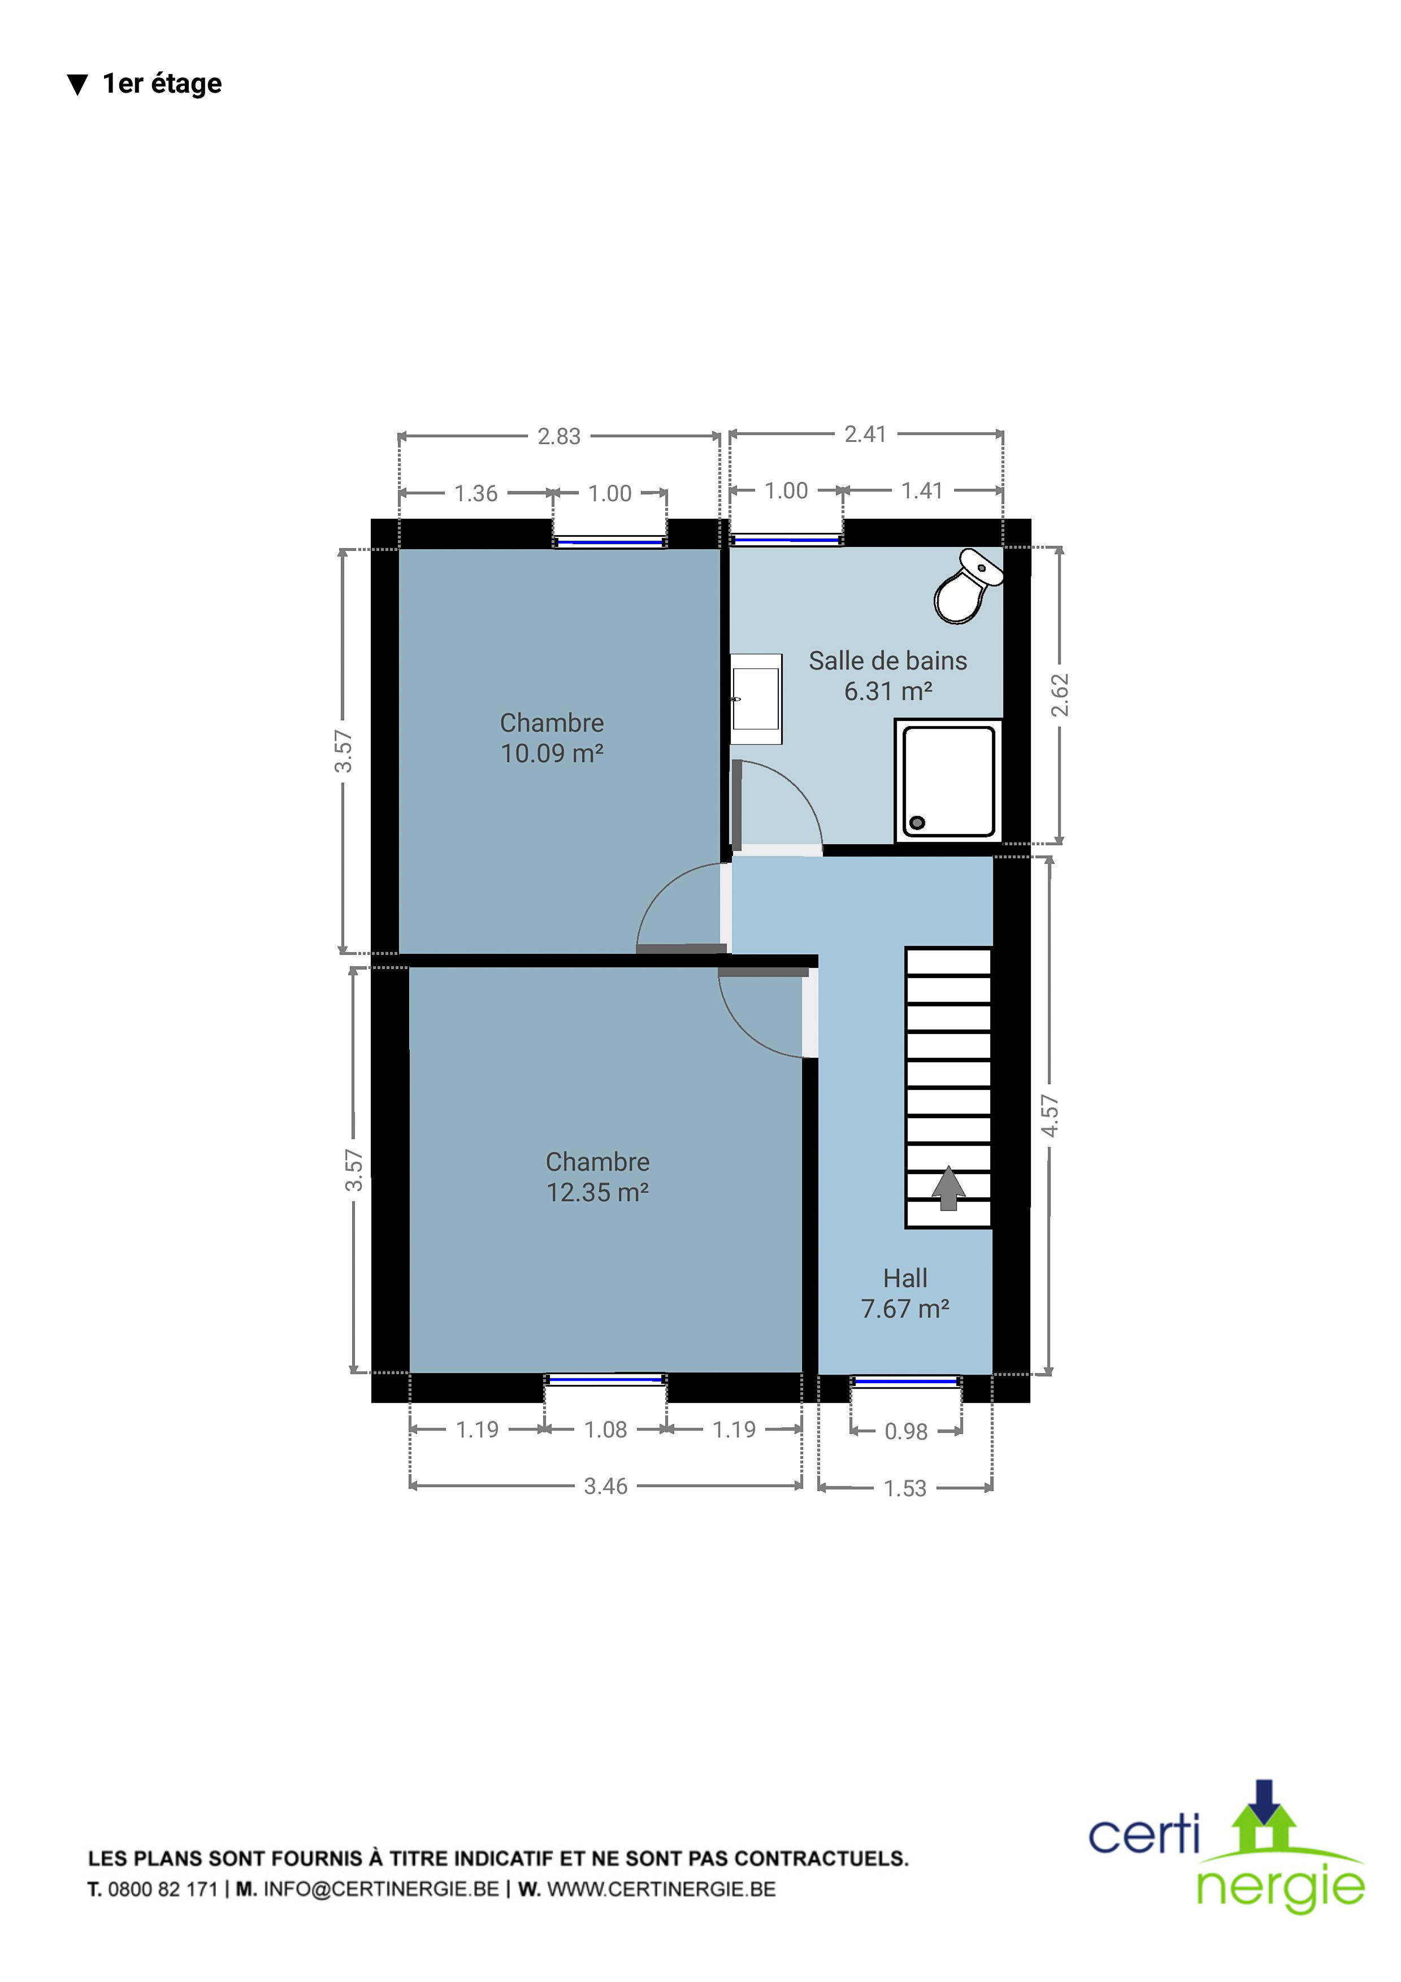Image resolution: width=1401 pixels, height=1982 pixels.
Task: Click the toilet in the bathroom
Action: [x=967, y=586]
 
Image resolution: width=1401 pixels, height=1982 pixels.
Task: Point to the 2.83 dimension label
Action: [x=559, y=437]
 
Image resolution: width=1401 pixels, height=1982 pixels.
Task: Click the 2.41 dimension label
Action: [x=866, y=434]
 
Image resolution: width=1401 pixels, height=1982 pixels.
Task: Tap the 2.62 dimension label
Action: [x=1060, y=695]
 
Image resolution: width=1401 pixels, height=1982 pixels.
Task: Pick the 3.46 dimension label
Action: [x=606, y=1485]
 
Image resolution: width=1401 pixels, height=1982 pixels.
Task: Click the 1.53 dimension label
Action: [x=905, y=1488]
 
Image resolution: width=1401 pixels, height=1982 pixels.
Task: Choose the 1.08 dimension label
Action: [x=606, y=1429]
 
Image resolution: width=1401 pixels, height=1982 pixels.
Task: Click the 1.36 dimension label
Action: [x=476, y=494]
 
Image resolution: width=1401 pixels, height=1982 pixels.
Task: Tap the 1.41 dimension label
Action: [x=922, y=491]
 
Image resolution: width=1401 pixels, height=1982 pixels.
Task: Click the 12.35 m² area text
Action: [x=597, y=1192]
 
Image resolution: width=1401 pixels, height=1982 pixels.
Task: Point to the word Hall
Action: [x=905, y=1277]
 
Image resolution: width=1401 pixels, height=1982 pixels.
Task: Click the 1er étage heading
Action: [x=162, y=84]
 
